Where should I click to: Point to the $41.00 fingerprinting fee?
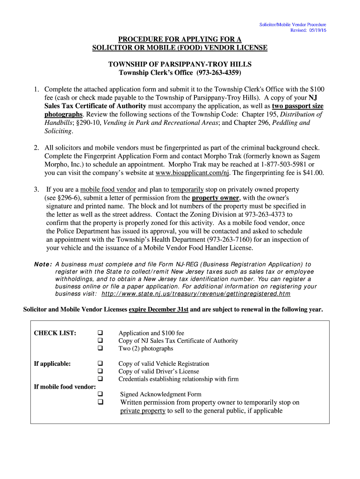pyautogui.click(x=314, y=173)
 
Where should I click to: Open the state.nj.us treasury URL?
pyautogui.click(x=195, y=294)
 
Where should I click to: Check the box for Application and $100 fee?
pyautogui.click(x=100, y=333)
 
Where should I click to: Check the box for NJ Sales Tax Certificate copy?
pyautogui.click(x=100, y=341)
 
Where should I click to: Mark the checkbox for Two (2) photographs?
pyautogui.click(x=100, y=348)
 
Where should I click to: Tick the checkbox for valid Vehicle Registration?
pyautogui.click(x=100, y=363)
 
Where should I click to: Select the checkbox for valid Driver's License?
pyautogui.click(x=100, y=371)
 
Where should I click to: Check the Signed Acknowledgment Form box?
pyautogui.click(x=100, y=394)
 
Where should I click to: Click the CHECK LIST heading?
pyautogui.click(x=55, y=333)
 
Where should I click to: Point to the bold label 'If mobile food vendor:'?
pyautogui.click(x=65, y=386)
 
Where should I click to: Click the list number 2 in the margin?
pyautogui.click(x=36, y=147)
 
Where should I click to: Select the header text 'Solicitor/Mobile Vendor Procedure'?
pyautogui.click(x=293, y=24)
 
